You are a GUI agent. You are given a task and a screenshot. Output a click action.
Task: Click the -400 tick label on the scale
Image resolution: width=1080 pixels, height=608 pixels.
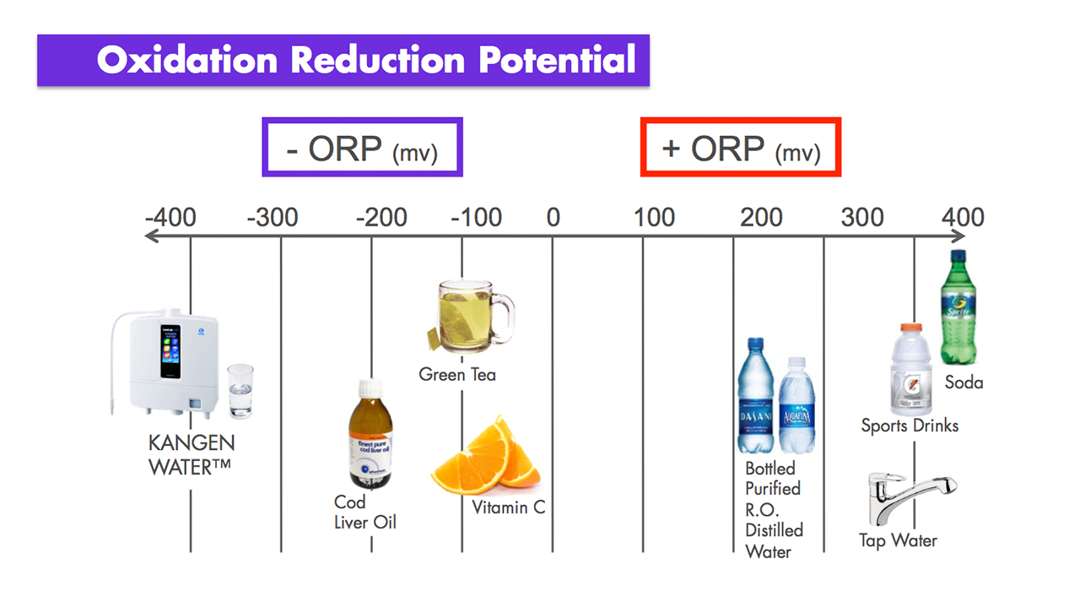point(170,217)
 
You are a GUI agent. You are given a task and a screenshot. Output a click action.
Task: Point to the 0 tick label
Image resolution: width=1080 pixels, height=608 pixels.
point(553,217)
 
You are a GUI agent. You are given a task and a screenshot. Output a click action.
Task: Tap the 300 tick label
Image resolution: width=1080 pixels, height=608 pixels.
point(862,217)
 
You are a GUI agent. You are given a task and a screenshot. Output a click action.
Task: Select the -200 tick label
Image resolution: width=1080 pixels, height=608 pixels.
point(381,217)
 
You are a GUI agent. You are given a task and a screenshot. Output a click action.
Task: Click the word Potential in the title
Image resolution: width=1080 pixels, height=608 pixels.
point(557,60)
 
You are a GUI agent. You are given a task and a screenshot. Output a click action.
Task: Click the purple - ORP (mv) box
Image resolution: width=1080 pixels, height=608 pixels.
point(363,121)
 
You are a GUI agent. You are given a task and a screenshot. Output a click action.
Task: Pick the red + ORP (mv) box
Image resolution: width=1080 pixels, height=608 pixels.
point(741,121)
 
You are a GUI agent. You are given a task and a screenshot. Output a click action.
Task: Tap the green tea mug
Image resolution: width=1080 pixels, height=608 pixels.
point(471,316)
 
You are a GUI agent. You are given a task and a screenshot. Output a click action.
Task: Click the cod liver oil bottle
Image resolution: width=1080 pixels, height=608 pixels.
point(370,434)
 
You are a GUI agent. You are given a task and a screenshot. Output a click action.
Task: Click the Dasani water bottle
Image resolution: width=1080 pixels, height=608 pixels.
point(755,396)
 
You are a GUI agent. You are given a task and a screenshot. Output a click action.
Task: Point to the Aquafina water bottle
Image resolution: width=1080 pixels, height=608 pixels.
point(797,405)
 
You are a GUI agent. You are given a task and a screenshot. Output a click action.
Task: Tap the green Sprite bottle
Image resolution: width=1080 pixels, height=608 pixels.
point(958,307)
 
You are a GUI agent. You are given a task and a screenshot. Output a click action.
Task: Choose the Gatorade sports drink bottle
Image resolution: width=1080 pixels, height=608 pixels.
point(910,370)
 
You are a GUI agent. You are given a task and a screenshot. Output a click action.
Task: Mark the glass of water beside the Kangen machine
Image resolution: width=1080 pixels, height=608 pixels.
point(240,391)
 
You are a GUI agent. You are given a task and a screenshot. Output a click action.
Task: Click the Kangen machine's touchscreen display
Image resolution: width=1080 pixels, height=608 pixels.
point(170,351)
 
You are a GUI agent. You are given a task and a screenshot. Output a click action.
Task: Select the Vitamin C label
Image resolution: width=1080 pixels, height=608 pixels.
point(509,508)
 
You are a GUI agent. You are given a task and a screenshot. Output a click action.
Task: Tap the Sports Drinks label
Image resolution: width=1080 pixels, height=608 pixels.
point(910,426)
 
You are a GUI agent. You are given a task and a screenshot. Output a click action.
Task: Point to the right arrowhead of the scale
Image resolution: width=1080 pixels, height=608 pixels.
point(959,236)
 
